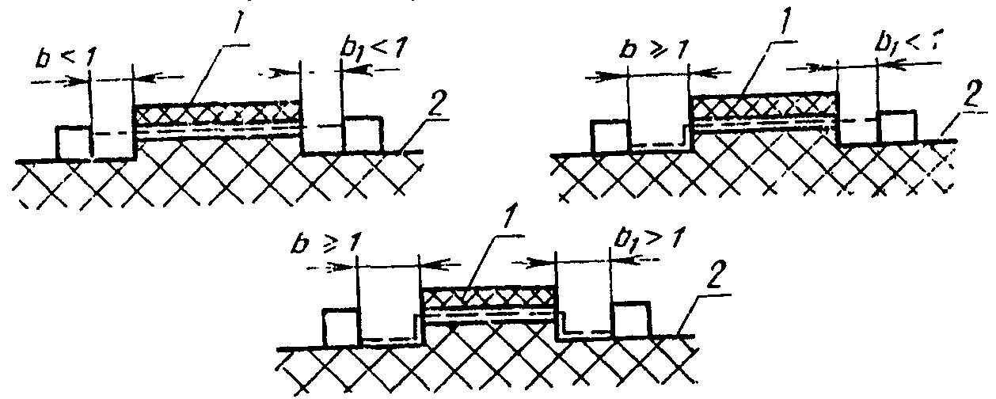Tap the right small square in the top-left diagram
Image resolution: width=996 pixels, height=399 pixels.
point(363,133)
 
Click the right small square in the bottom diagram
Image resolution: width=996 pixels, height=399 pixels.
point(631,318)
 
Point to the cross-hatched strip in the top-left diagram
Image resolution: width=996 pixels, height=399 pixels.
point(218,116)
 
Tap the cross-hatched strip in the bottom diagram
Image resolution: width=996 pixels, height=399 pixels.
point(487,300)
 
